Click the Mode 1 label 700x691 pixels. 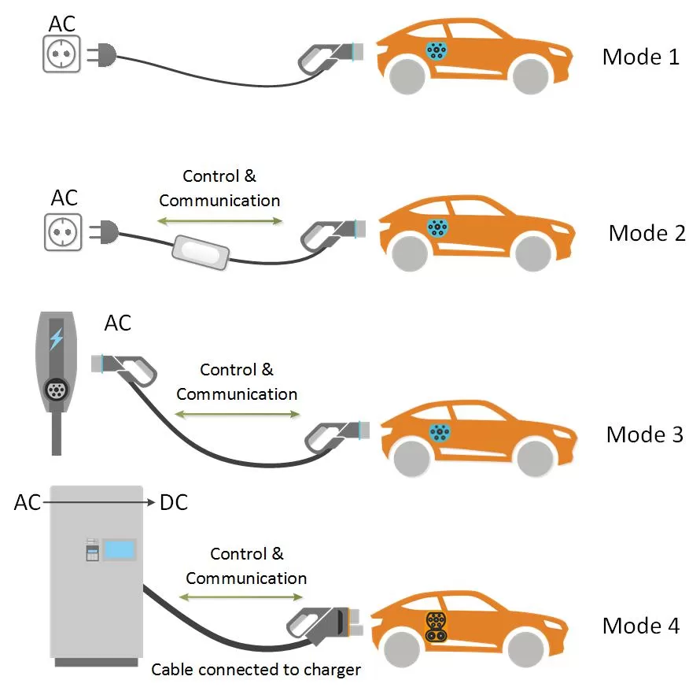click(640, 57)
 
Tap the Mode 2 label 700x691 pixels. click(647, 233)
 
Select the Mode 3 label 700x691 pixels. click(644, 434)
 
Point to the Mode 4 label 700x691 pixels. click(640, 626)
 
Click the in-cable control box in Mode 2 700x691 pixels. click(200, 252)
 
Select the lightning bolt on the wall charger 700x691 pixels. click(57, 339)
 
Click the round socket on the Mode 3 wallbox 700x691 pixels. click(56, 389)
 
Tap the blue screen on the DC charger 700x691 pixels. click(119, 550)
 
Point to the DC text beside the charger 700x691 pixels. click(174, 502)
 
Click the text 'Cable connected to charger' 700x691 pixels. click(256, 670)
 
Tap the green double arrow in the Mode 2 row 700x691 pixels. click(220, 221)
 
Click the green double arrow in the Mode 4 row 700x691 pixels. click(246, 599)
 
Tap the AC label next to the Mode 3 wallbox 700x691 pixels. click(117, 323)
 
